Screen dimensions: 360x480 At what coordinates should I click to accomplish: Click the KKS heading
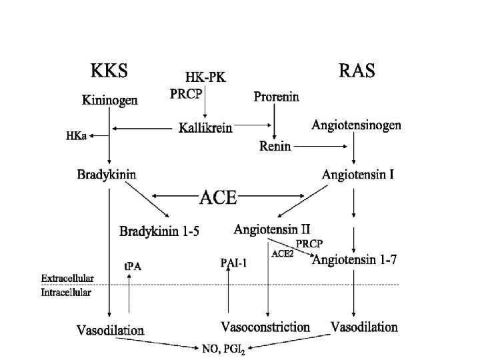point(109,69)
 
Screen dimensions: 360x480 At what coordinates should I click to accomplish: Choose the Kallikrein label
point(206,127)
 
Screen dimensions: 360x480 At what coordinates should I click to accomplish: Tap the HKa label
point(75,135)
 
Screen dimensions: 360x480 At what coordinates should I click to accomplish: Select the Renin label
point(275,147)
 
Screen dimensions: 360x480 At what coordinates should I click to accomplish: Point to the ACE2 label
point(282,253)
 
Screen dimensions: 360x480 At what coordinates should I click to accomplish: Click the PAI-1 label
point(233,263)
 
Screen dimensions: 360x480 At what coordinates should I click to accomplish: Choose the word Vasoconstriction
point(265,327)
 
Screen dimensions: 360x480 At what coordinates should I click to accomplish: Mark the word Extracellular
point(67,278)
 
